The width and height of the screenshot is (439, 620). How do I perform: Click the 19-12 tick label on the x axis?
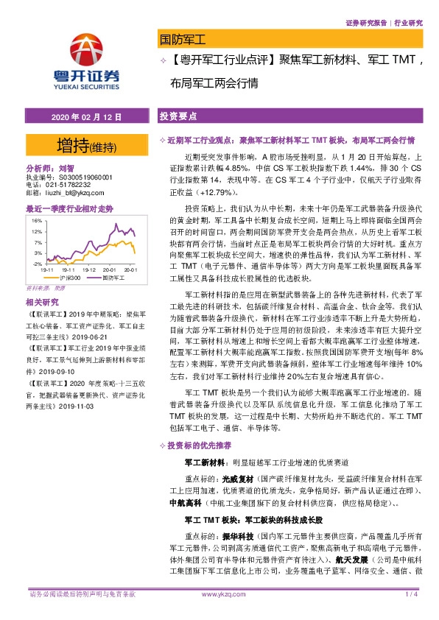click(91, 270)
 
